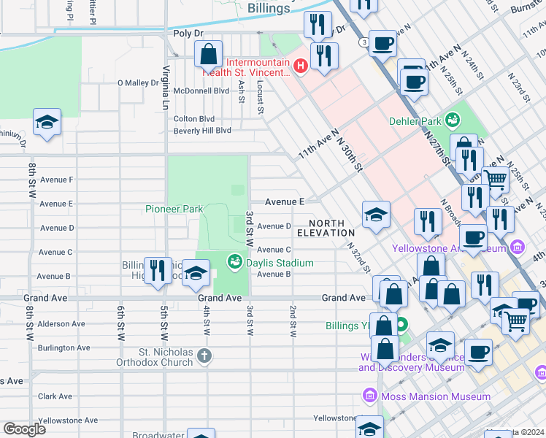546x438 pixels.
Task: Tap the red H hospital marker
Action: [x=299, y=67]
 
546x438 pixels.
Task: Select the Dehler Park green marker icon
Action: [x=453, y=118]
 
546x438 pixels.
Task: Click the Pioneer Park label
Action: [x=174, y=209]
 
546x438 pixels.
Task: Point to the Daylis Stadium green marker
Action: [x=234, y=261]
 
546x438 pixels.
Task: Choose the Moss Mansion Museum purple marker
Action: [x=370, y=396]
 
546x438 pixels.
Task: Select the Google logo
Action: [x=24, y=429]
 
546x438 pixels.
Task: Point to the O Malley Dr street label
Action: [x=138, y=83]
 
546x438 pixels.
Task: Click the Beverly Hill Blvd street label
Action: [x=201, y=131]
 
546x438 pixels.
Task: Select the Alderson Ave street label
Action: [x=61, y=323]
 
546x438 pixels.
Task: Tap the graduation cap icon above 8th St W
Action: [x=47, y=122]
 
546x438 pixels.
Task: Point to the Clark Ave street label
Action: [x=57, y=396]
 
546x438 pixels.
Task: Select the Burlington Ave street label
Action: [x=64, y=347]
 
